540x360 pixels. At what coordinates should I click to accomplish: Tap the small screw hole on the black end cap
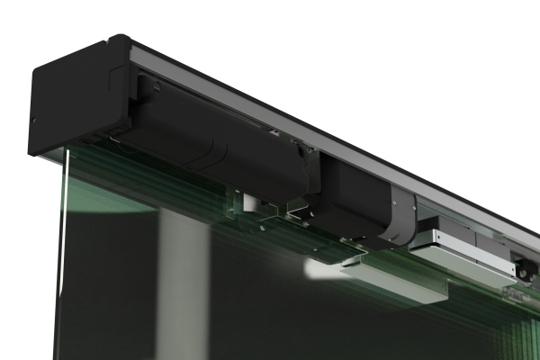click(x=33, y=118)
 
